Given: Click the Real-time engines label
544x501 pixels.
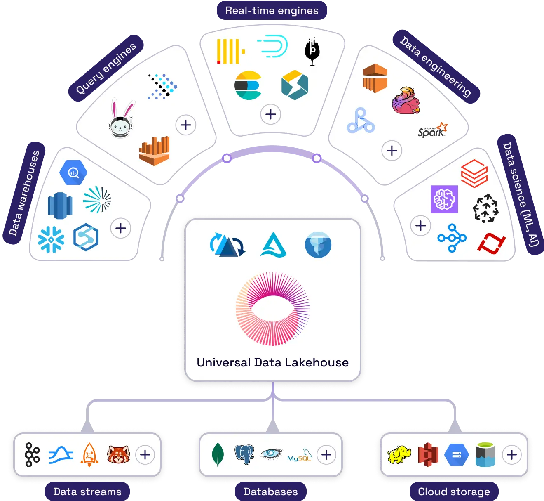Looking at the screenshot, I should (272, 11).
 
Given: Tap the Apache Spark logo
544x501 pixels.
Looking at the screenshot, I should (432, 130).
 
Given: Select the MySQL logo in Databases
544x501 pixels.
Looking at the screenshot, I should (300, 455).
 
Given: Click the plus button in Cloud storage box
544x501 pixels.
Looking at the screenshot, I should (511, 455).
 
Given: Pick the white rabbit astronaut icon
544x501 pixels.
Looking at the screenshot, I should (121, 119).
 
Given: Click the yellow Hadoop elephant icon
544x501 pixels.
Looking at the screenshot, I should (399, 455).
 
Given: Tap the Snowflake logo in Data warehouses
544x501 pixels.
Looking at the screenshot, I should (51, 239).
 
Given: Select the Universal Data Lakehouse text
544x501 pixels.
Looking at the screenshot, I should (272, 362).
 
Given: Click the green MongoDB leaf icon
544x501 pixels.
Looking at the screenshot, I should (218, 455).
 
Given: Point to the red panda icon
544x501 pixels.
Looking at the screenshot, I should (118, 455).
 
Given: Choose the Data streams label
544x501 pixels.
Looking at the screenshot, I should (87, 492).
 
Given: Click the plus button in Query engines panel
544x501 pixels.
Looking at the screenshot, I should (186, 125).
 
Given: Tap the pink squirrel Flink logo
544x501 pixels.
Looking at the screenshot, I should (406, 100).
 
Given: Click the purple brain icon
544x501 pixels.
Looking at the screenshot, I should (444, 199).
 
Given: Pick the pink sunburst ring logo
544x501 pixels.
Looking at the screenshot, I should (272, 309).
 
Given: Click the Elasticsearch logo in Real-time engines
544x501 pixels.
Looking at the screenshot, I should (248, 85).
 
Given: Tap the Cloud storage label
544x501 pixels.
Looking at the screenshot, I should (454, 492).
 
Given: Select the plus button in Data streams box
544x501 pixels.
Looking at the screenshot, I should (145, 455).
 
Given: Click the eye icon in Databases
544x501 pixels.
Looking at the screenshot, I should (271, 454).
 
